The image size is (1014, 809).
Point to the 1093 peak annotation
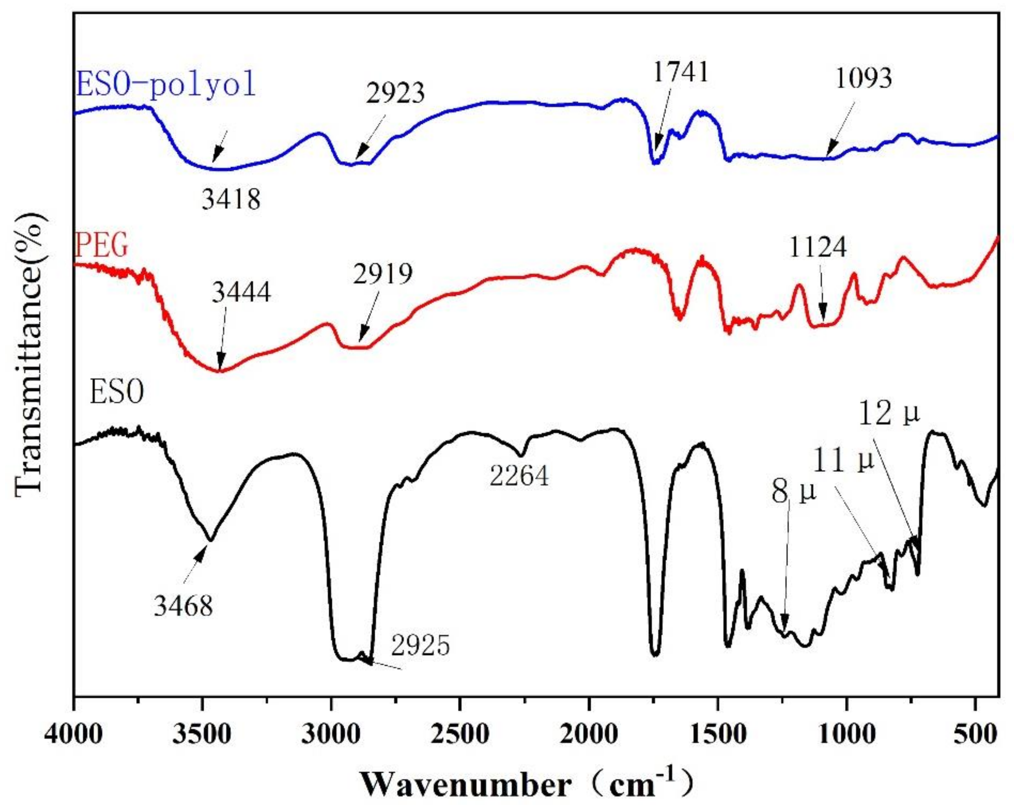pos(863,78)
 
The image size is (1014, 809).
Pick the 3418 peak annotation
pos(231,200)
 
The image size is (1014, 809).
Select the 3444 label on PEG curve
pos(241,292)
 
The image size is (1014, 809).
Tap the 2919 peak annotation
pos(383,274)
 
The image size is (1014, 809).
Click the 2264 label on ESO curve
pos(519,477)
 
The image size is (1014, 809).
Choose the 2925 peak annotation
pos(420,646)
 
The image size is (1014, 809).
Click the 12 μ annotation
pos(889,414)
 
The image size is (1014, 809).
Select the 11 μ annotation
pos(844,461)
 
